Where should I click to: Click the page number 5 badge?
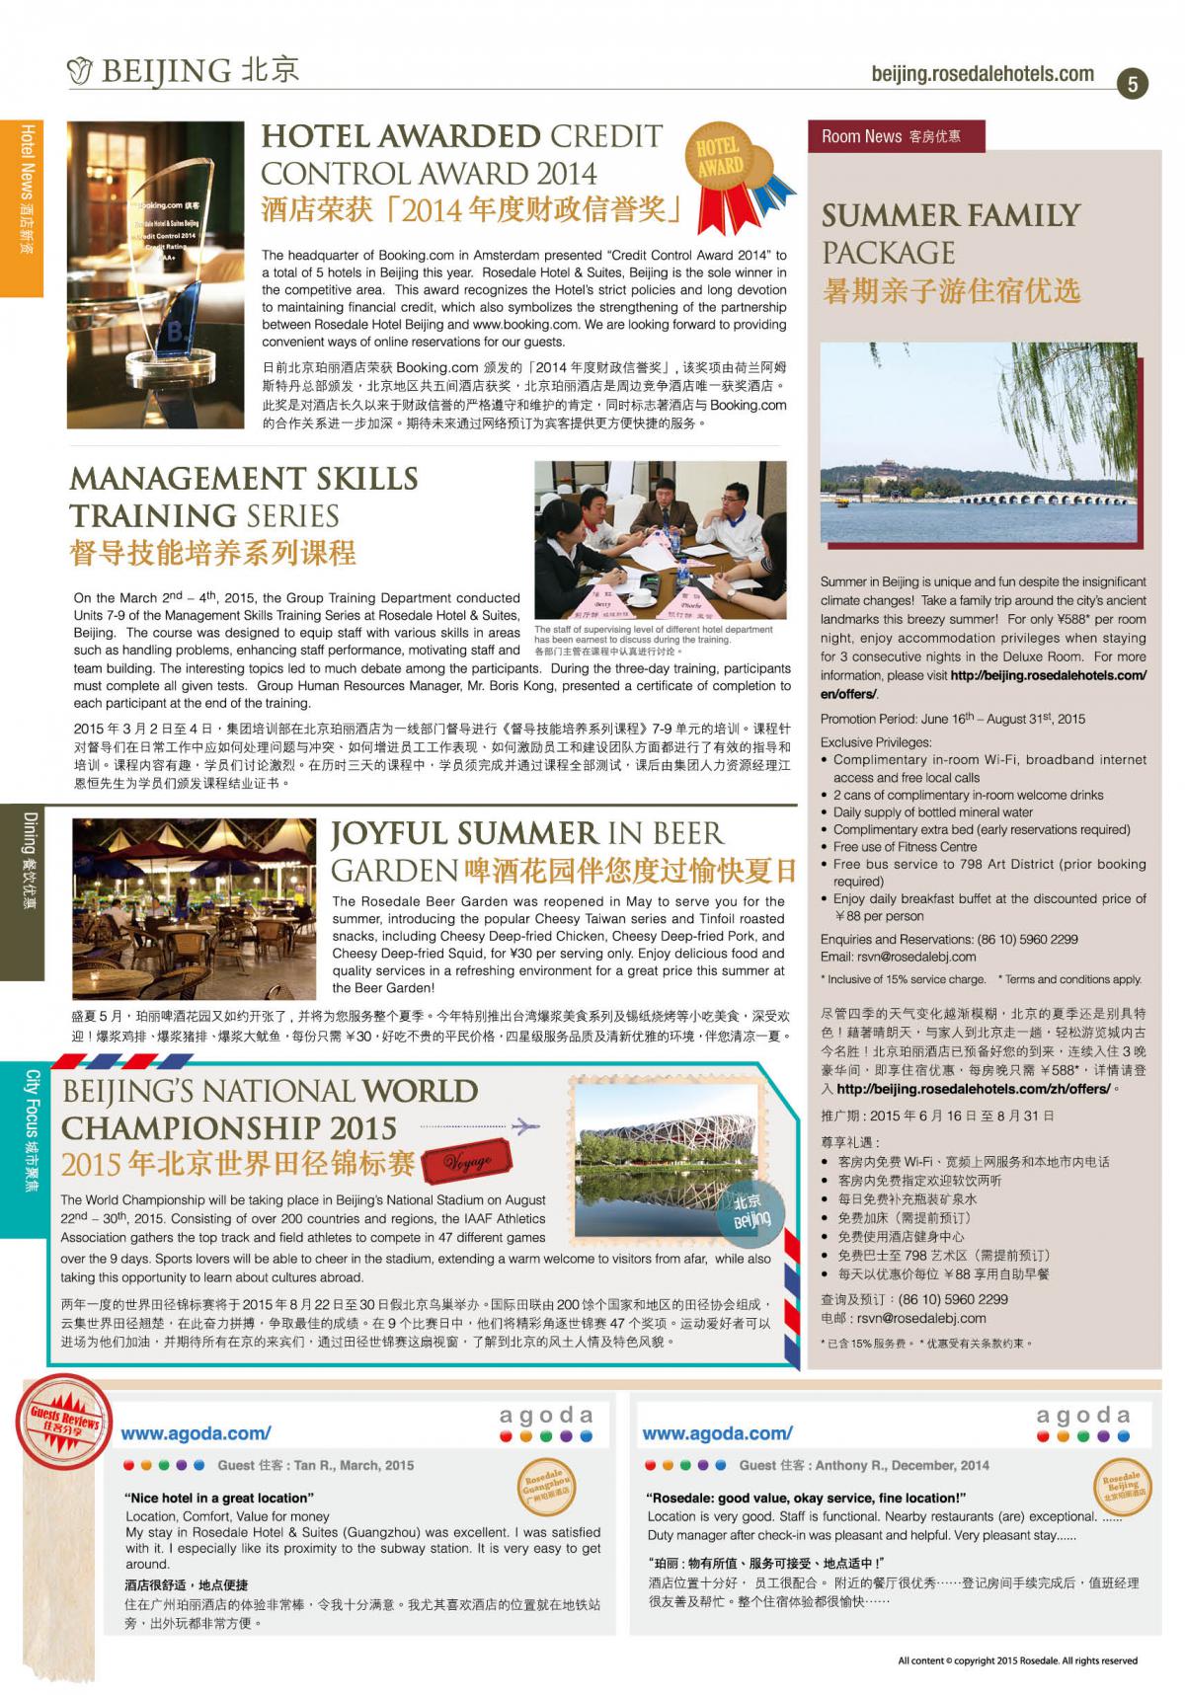pyautogui.click(x=1132, y=84)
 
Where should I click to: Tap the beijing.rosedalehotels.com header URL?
pyautogui.click(x=982, y=74)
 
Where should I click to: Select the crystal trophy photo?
pyautogui.click(x=155, y=274)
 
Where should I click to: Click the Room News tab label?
pyautogui.click(x=890, y=136)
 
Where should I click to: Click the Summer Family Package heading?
pyautogui.click(x=950, y=233)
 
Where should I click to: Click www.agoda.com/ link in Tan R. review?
pyautogui.click(x=196, y=1432)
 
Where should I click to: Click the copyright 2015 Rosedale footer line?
pyautogui.click(x=1017, y=1659)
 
